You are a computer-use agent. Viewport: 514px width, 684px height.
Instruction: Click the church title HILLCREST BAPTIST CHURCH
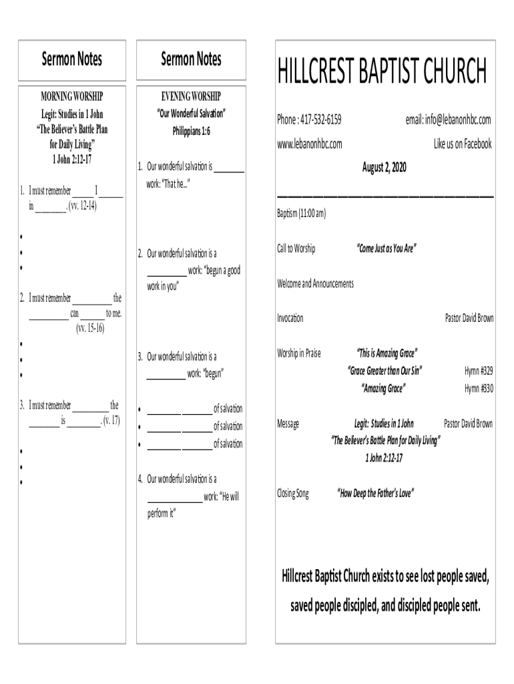[x=382, y=71]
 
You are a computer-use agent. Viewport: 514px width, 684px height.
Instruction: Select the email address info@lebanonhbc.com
[x=449, y=120]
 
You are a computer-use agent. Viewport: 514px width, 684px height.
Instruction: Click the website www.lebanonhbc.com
[x=310, y=144]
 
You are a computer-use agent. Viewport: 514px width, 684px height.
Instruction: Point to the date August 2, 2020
[x=384, y=167]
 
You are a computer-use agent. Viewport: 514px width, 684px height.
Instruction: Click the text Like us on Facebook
[x=463, y=144]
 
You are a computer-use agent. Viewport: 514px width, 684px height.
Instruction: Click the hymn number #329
[x=479, y=371]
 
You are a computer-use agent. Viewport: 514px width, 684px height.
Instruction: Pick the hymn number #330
[x=479, y=388]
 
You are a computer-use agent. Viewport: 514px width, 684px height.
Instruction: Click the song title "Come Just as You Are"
[x=387, y=249]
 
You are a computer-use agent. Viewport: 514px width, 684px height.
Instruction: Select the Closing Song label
[x=293, y=494]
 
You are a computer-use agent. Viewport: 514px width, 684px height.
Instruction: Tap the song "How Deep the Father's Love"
[x=375, y=494]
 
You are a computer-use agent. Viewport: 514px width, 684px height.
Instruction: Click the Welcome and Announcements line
[x=315, y=284]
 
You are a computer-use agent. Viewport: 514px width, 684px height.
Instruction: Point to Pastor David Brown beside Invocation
[x=469, y=318]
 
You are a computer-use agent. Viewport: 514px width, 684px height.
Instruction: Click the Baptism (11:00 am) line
[x=302, y=214]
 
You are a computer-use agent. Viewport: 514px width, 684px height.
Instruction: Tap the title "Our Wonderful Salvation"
[x=191, y=113]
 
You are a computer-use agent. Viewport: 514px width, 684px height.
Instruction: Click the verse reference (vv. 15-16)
[x=90, y=328]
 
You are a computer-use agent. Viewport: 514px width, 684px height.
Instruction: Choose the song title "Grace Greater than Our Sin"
[x=384, y=371]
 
